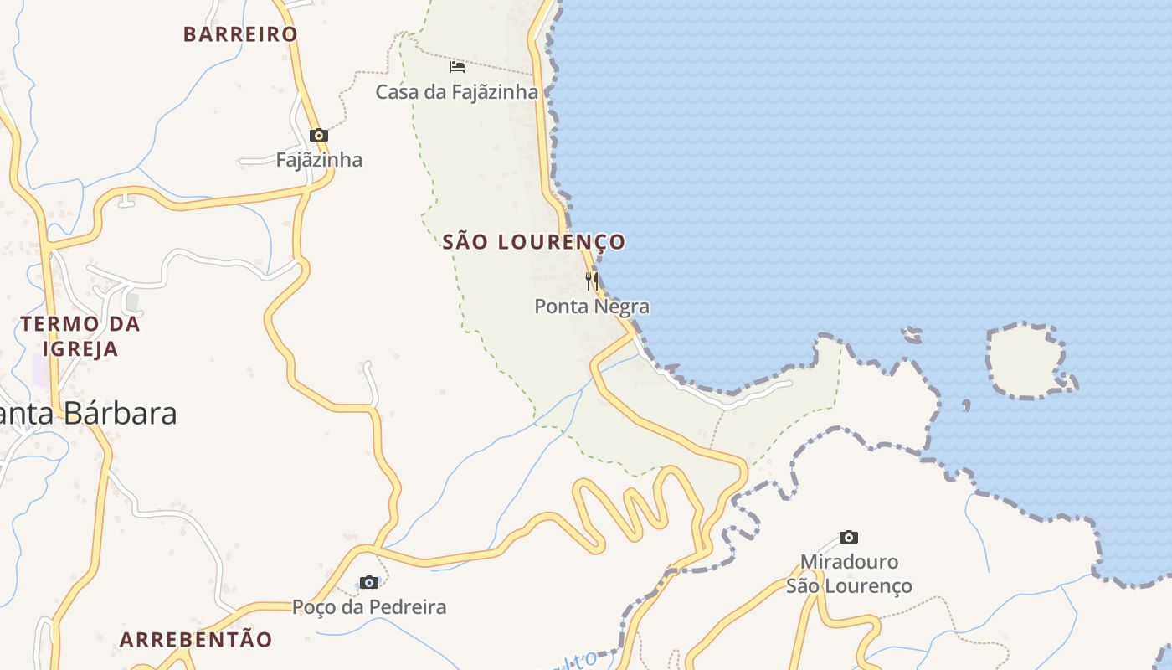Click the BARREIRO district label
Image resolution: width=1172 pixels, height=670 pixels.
click(x=240, y=34)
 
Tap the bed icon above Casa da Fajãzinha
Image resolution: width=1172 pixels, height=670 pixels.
click(x=456, y=66)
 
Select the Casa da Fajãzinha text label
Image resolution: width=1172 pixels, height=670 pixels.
click(x=456, y=92)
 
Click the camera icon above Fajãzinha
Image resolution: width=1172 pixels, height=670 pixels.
click(x=318, y=135)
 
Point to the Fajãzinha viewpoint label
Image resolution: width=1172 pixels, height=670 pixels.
click(x=319, y=160)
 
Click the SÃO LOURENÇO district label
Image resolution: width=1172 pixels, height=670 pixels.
click(x=533, y=242)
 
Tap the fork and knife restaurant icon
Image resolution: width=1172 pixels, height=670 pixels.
click(x=591, y=280)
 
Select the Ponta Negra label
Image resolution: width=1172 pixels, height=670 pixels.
click(x=592, y=307)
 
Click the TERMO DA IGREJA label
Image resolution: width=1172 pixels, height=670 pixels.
click(x=80, y=336)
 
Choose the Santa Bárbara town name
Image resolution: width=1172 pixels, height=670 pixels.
click(x=88, y=414)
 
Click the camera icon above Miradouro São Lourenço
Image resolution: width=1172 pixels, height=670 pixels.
click(x=849, y=537)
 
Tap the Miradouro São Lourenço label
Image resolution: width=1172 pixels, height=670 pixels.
click(x=849, y=574)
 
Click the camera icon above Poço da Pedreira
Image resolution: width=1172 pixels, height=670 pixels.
click(x=368, y=582)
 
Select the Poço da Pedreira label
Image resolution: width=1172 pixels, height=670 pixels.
click(x=368, y=607)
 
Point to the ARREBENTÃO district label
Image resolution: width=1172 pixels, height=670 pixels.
click(x=196, y=640)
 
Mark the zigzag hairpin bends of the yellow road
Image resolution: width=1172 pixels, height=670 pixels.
click(x=636, y=507)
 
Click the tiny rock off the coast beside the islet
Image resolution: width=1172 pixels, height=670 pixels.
click(x=912, y=335)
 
